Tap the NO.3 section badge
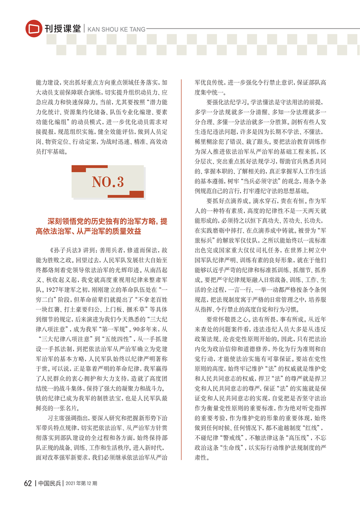coord(108,182)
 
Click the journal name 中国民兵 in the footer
coord(49,484)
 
